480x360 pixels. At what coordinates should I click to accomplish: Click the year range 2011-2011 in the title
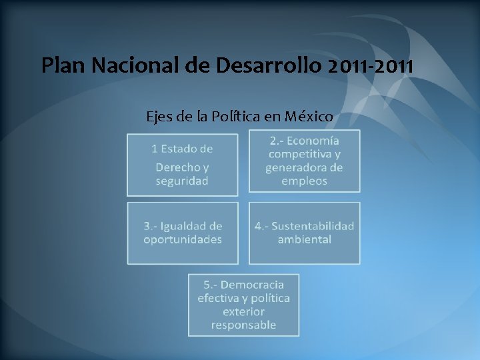[371, 66]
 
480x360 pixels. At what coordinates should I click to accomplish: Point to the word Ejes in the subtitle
[159, 117]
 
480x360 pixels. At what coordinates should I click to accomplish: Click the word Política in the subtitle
[237, 117]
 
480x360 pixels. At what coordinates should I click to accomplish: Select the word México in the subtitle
[309, 117]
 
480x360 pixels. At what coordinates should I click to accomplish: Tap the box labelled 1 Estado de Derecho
[182, 164]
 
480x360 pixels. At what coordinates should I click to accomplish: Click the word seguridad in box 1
[182, 181]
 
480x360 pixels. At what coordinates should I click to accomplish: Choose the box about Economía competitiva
[304, 161]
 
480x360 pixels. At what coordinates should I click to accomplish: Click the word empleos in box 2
[304, 181]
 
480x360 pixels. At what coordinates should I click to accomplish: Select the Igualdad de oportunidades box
[182, 233]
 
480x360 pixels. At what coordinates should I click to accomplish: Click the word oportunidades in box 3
[182, 239]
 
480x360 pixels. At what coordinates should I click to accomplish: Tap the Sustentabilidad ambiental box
[304, 233]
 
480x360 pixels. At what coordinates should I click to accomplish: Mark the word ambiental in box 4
[304, 239]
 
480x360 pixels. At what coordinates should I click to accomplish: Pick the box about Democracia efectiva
[243, 305]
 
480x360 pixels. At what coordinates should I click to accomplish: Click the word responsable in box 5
[243, 325]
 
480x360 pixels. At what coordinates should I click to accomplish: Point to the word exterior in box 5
[243, 311]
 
